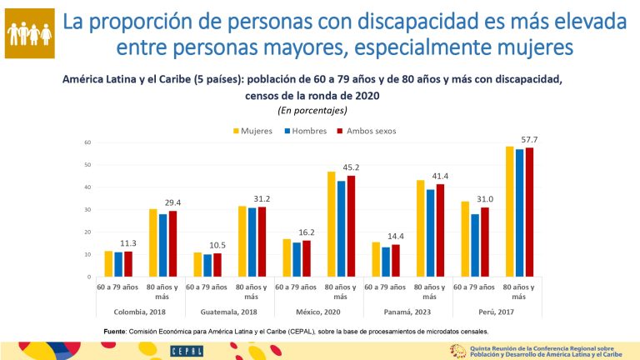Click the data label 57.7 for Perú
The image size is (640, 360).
point(529,139)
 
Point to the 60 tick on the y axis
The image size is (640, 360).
point(87,142)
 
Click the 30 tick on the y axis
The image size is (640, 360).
point(87,209)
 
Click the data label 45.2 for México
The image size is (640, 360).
point(349,167)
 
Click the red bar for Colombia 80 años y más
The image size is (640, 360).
point(172,243)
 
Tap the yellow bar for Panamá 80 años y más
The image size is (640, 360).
point(420,228)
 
